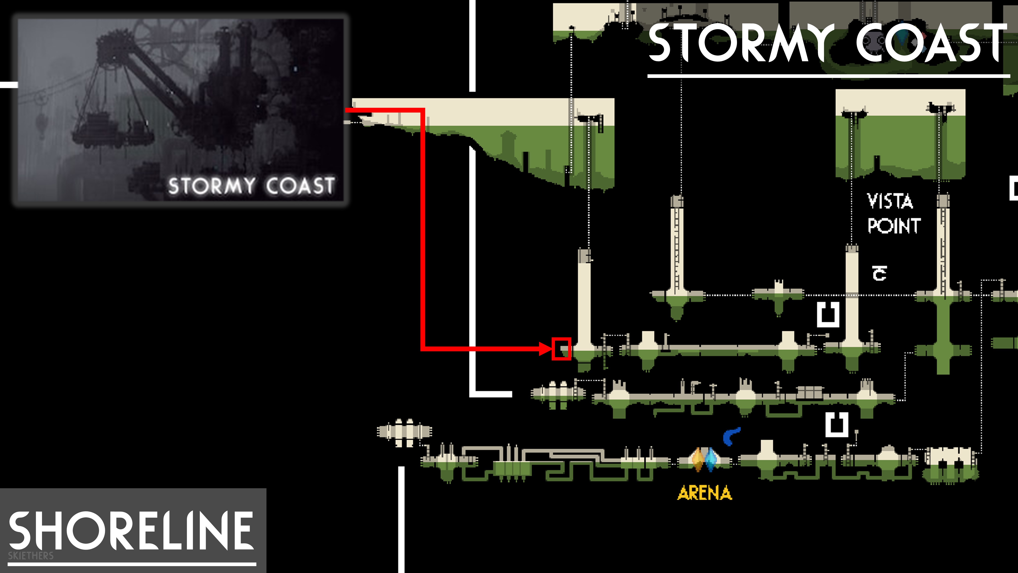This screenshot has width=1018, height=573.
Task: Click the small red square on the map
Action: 561,349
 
